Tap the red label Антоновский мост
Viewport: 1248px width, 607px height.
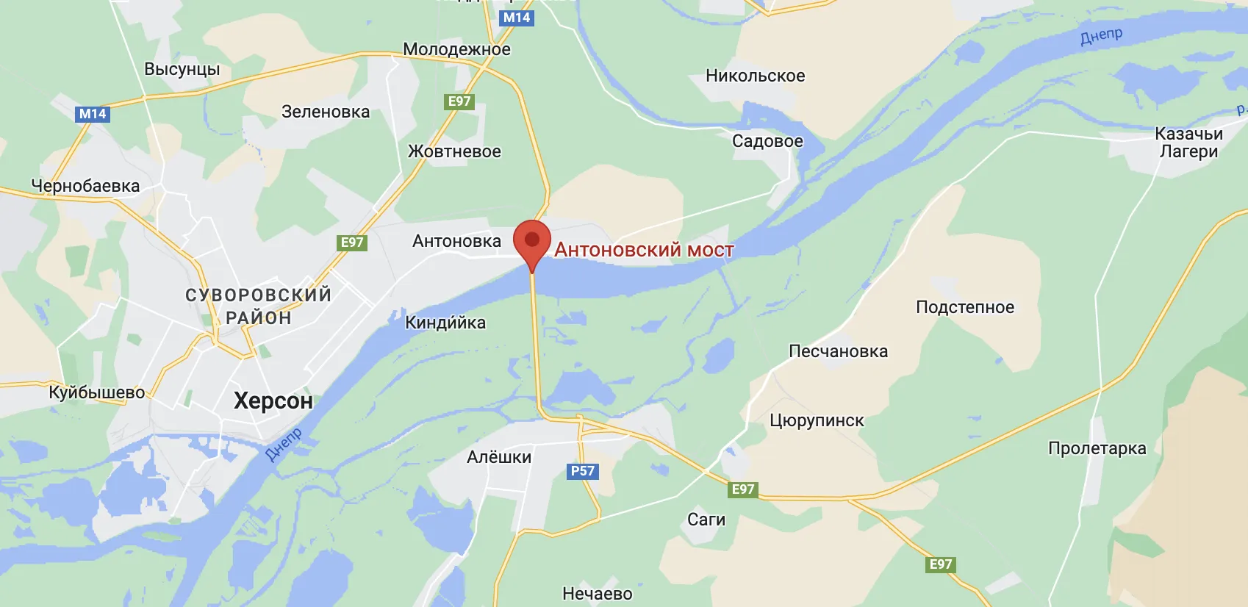(x=644, y=250)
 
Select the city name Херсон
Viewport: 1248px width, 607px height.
(x=273, y=401)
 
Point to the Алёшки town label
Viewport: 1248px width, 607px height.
(x=499, y=457)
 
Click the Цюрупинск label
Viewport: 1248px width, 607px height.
(x=817, y=420)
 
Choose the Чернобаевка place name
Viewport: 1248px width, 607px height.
(x=85, y=186)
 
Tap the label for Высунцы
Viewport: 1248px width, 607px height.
(x=182, y=69)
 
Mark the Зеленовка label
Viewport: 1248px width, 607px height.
(x=326, y=112)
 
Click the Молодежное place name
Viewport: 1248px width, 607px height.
(x=456, y=49)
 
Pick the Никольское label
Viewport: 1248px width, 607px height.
(x=755, y=76)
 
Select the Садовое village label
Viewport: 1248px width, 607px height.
(x=767, y=141)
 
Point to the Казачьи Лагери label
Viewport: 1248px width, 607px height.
(x=1188, y=143)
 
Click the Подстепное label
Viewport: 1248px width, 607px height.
(x=964, y=307)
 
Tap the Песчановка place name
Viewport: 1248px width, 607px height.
(x=838, y=351)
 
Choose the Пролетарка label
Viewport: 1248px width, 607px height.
(x=1097, y=448)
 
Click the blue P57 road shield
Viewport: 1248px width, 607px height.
(x=583, y=471)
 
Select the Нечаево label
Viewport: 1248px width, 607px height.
(x=597, y=593)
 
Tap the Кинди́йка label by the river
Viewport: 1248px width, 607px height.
(x=445, y=323)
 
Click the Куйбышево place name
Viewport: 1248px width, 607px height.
(x=97, y=392)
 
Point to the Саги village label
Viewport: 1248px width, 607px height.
(x=706, y=520)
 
